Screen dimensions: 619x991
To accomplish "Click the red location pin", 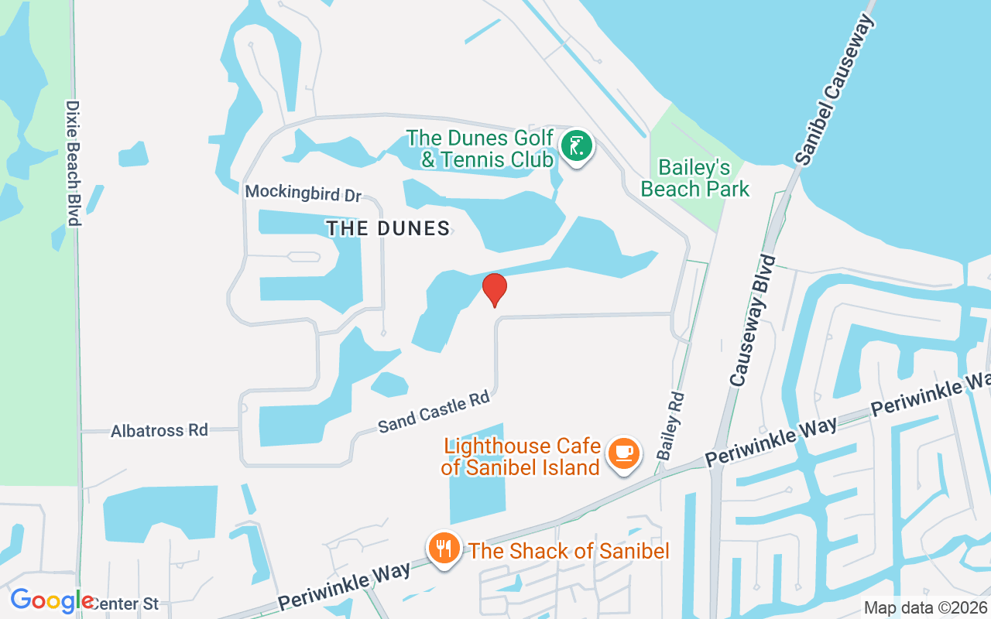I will tap(494, 289).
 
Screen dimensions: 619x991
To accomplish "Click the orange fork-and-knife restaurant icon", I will tap(444, 549).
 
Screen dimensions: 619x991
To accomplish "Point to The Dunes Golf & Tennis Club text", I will tap(480, 149).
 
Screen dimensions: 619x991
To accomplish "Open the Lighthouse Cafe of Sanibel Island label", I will tap(522, 457).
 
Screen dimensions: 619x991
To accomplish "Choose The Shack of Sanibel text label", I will tap(569, 551).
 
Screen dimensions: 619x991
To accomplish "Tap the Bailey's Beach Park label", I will tap(695, 178).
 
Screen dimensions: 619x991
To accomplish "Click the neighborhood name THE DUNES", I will tap(388, 228).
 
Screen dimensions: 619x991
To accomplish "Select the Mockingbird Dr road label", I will tap(303, 192).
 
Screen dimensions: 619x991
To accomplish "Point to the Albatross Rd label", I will tap(159, 430).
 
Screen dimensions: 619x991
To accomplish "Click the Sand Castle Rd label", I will tap(434, 412).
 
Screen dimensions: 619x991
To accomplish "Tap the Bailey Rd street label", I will tap(671, 426).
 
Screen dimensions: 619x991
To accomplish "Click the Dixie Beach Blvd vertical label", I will tap(74, 163).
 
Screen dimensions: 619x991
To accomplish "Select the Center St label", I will tap(124, 604).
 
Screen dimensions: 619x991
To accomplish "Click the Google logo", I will tap(51, 600).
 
